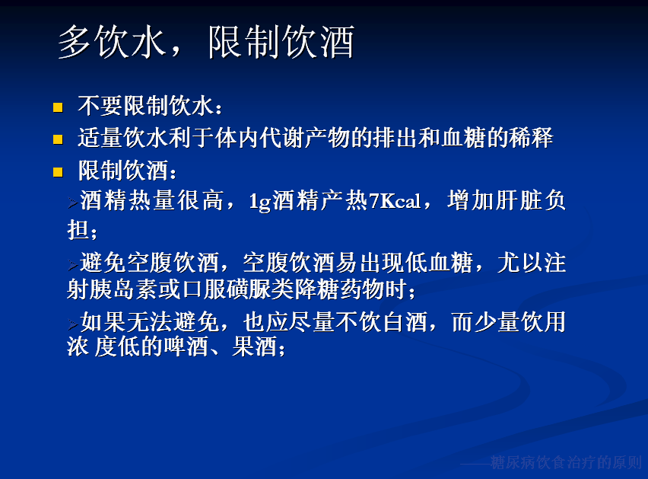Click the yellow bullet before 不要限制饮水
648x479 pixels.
[58, 107]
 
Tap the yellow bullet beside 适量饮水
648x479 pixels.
[58, 139]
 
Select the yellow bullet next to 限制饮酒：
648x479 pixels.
[58, 171]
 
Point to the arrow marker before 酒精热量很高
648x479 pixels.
[73, 203]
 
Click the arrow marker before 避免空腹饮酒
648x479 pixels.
[73, 265]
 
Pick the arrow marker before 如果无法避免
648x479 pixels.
[73, 324]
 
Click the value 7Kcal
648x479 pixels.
[395, 201]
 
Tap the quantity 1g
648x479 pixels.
[260, 202]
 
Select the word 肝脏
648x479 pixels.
[519, 200]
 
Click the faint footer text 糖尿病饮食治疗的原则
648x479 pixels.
[566, 462]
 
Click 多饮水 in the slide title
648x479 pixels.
[112, 42]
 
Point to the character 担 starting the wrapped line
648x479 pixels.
[78, 229]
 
